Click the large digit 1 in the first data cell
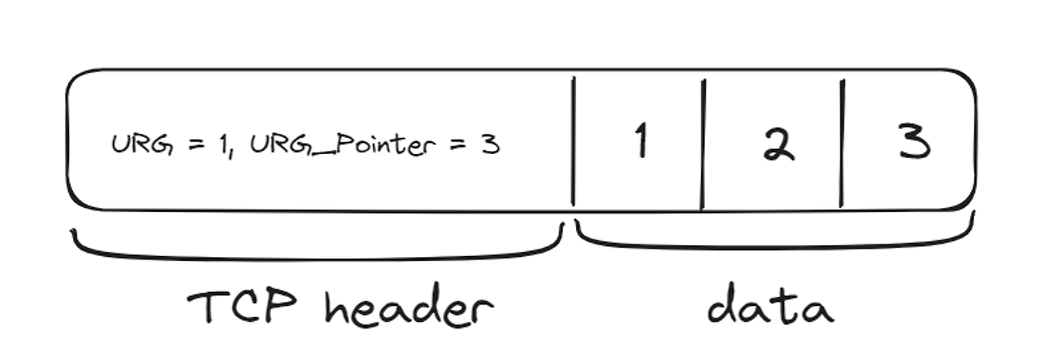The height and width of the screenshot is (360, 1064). coord(639,141)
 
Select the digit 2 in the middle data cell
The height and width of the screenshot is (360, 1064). coord(779,145)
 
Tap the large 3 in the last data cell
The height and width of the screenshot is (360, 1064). coord(914,143)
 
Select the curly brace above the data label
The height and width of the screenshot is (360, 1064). coord(773,243)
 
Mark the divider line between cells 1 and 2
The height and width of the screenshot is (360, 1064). coord(703,143)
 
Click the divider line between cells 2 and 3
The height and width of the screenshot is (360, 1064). coord(841,143)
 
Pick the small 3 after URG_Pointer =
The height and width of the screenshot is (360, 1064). coord(490,145)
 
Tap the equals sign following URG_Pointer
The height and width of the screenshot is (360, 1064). coord(456,145)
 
